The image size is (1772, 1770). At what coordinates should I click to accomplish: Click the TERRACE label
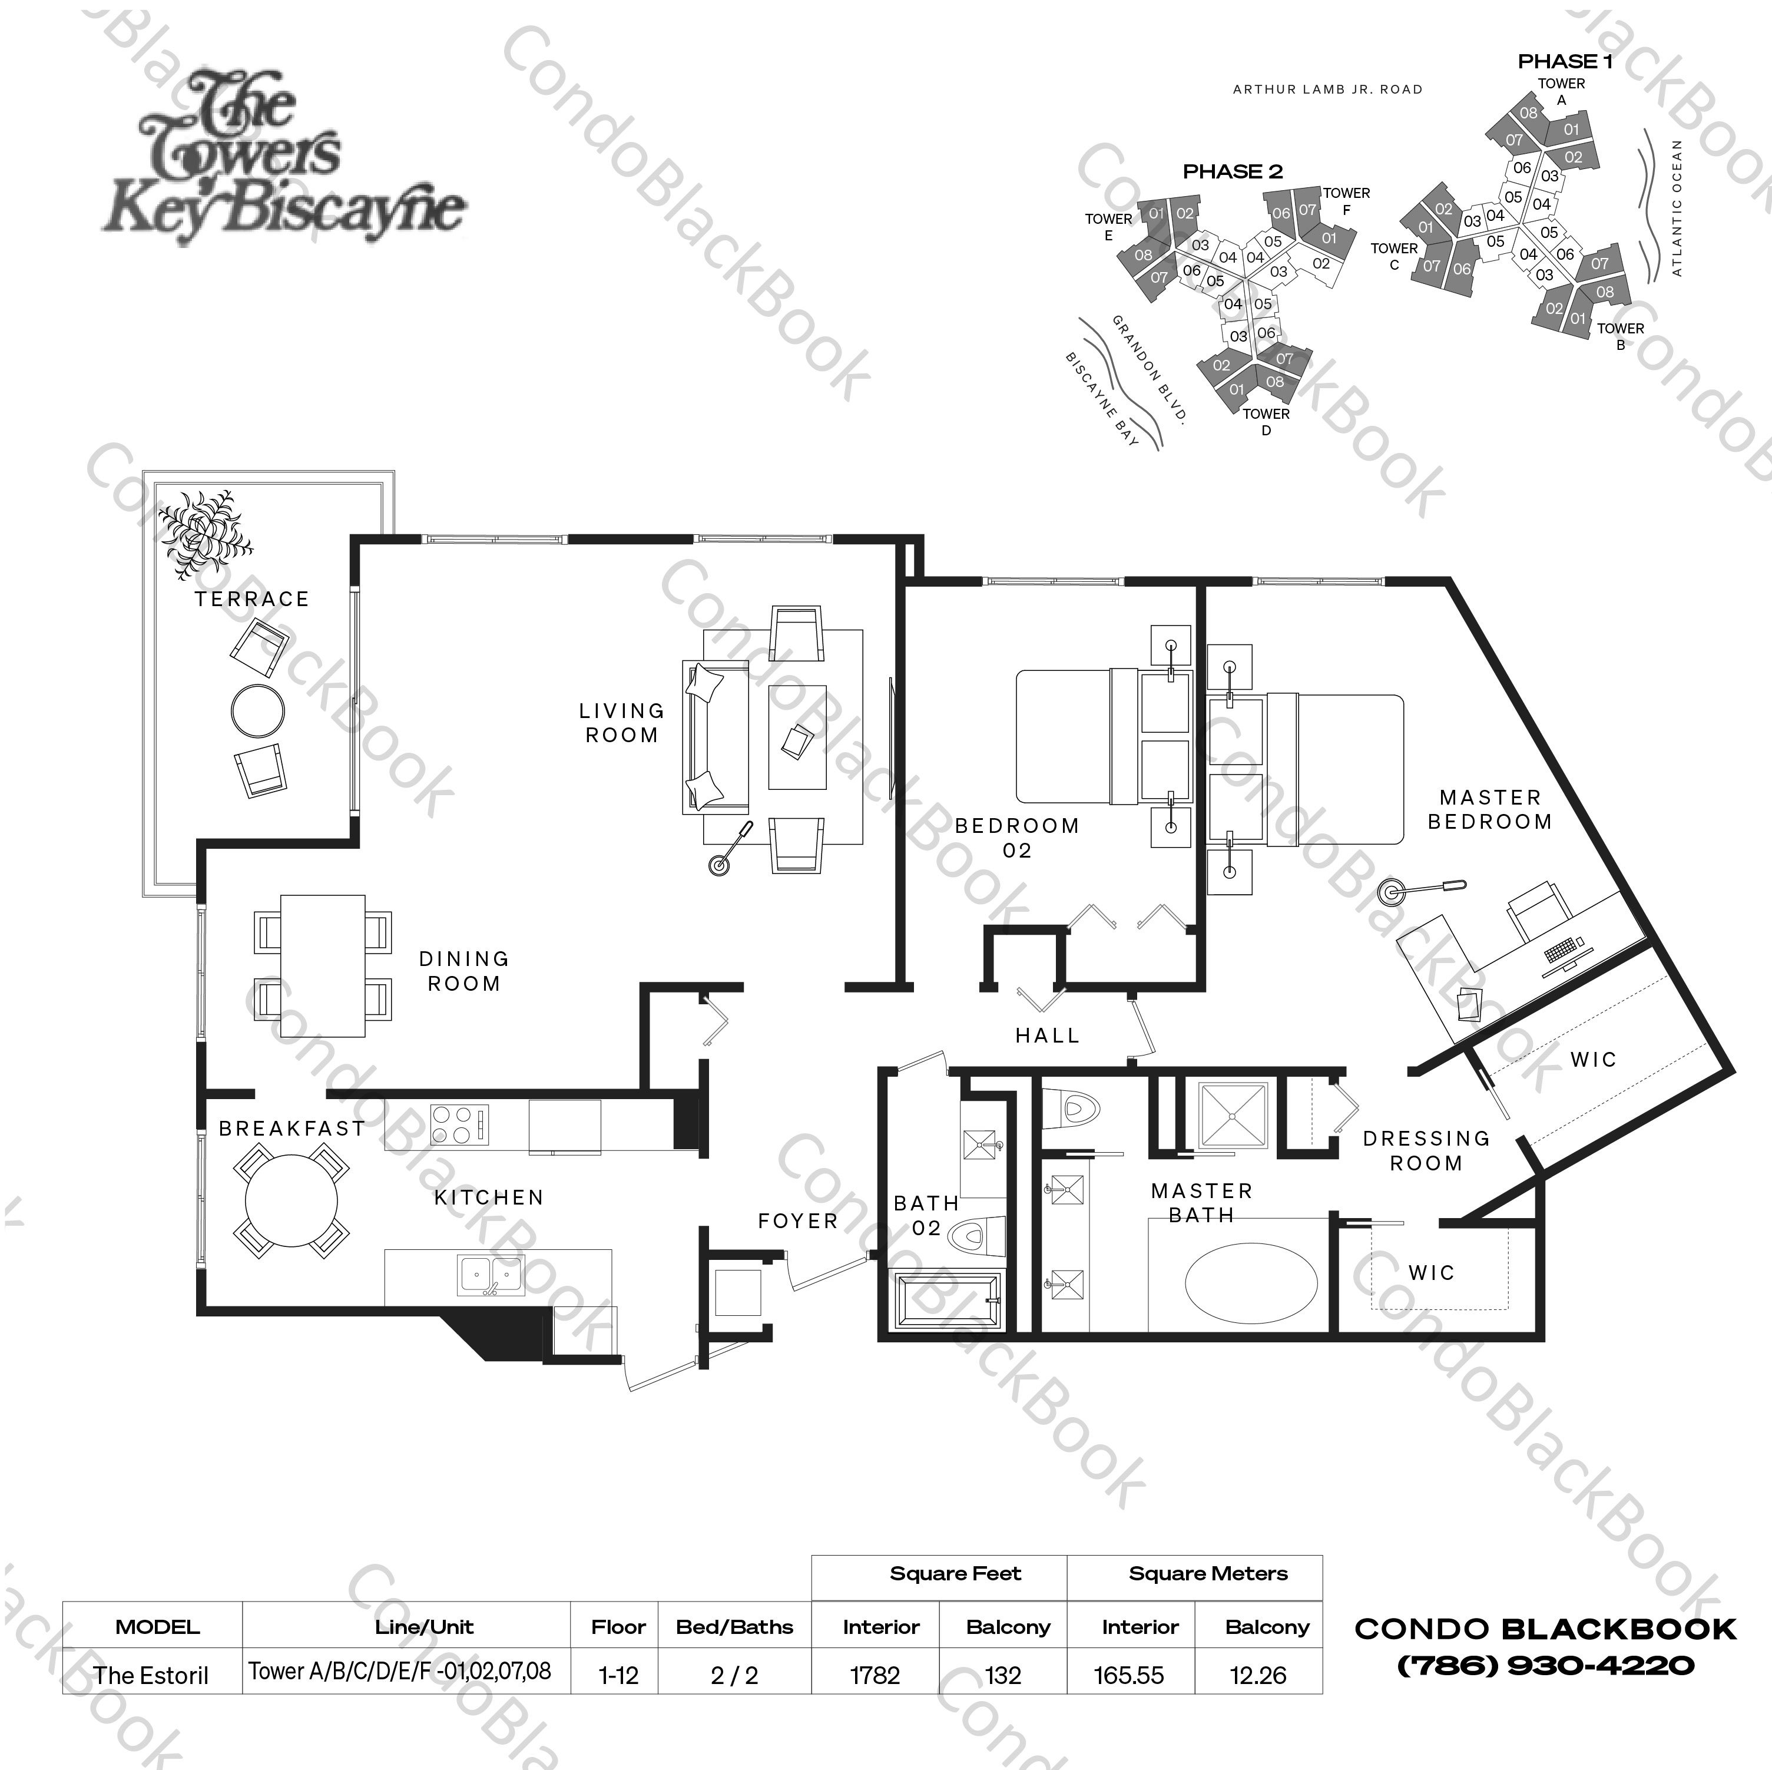point(251,599)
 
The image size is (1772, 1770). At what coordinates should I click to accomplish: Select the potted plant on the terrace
point(204,533)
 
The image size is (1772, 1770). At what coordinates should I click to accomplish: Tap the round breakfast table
point(291,1201)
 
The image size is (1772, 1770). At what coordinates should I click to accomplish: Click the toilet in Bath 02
point(978,1238)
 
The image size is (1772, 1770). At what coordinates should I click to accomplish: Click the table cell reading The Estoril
point(151,1676)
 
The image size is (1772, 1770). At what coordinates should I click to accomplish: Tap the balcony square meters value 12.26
point(1257,1676)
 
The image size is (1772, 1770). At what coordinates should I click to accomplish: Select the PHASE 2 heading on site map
point(1232,171)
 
